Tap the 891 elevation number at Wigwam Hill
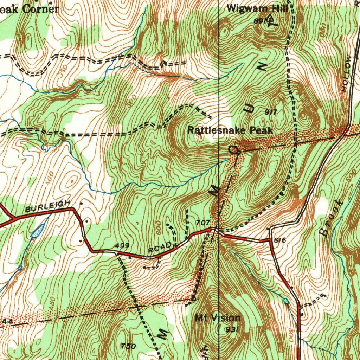tap(260, 21)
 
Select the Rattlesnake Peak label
tap(230, 130)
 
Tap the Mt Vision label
tap(218, 318)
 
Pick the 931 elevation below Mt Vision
tap(232, 329)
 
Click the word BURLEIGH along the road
tap(48, 206)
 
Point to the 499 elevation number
tap(122, 245)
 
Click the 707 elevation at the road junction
tap(203, 223)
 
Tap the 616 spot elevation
tap(279, 240)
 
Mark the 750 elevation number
tap(128, 346)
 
